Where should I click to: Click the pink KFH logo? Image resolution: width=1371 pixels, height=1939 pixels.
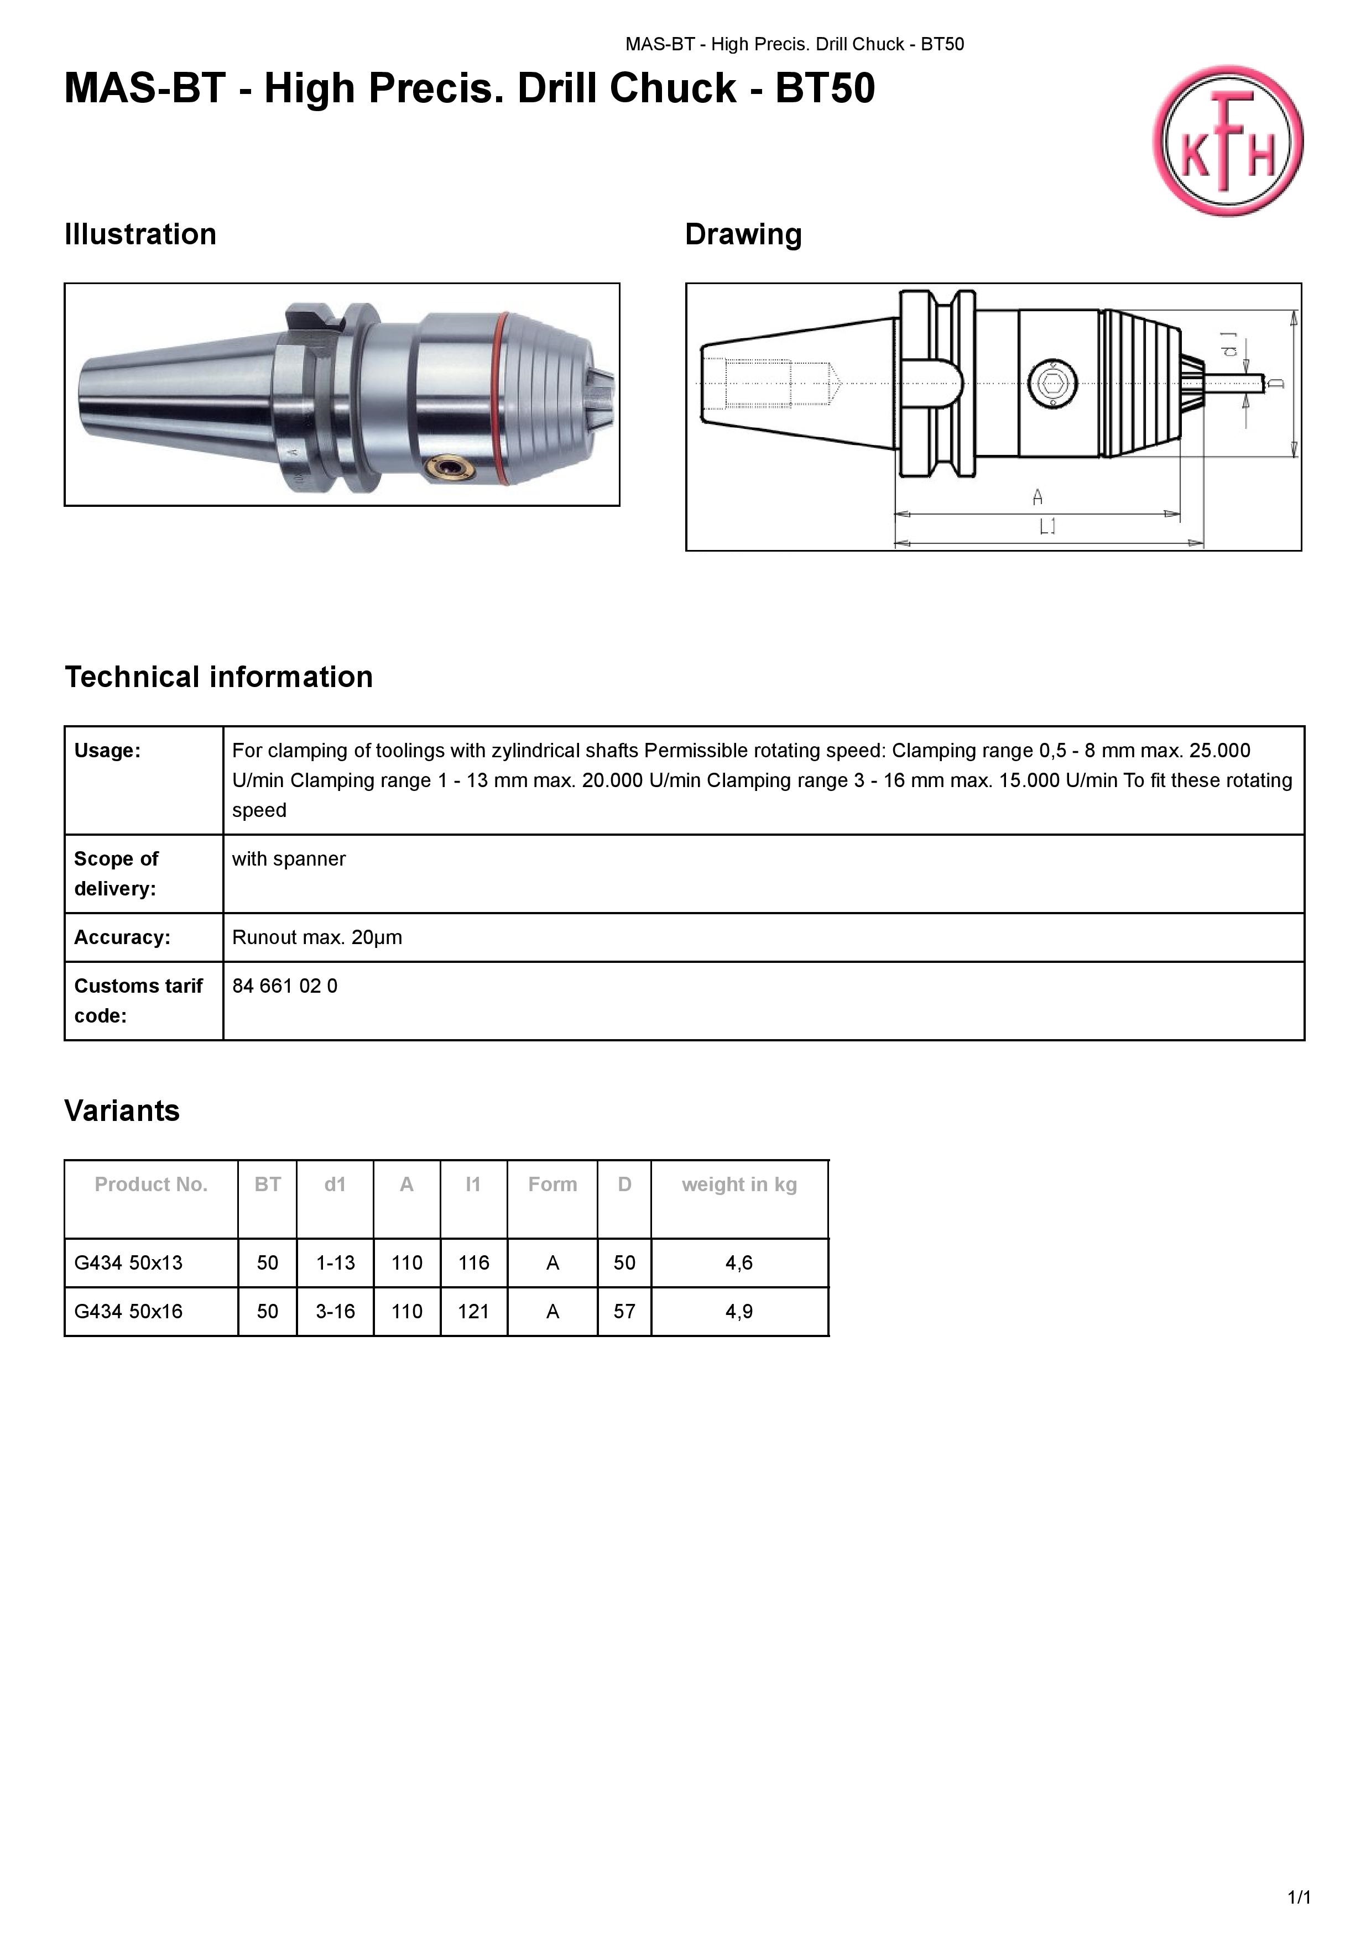tap(1227, 141)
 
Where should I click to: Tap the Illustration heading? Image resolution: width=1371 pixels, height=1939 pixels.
tap(140, 234)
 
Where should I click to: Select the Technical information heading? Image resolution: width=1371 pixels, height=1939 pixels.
tap(219, 677)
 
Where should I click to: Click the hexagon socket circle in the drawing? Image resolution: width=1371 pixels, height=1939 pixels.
tap(1052, 384)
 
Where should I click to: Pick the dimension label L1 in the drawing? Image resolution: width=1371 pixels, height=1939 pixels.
tap(1047, 528)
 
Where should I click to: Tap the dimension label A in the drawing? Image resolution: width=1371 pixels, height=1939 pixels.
tap(1038, 497)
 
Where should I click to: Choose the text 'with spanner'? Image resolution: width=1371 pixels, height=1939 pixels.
tap(289, 859)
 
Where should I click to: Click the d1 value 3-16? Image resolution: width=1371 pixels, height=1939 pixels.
tap(335, 1312)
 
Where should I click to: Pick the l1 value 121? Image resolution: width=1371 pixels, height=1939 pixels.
tap(474, 1312)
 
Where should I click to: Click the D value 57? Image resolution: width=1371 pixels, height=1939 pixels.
tap(624, 1312)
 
